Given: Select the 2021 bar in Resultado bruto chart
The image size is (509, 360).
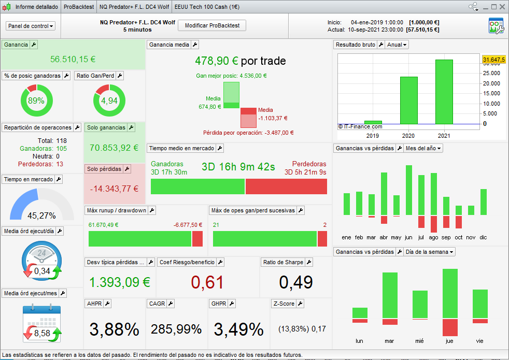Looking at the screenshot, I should tap(444, 92).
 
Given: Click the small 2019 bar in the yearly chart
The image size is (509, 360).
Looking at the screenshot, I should tap(373, 122).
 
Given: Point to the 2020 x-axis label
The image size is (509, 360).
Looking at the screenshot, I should tap(408, 136).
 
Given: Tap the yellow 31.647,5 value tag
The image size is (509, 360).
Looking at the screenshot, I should tap(493, 60).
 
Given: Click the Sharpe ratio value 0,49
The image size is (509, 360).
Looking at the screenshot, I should tap(296, 282).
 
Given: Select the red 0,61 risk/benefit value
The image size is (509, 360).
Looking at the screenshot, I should tap(207, 282).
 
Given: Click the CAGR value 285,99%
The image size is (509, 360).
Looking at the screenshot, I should tap(176, 329).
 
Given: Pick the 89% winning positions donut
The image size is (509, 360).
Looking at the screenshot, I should tap(36, 100).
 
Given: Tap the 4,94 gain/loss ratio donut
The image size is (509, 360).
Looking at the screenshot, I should tap(109, 100).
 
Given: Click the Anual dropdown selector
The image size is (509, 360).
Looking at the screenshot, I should tap(397, 45).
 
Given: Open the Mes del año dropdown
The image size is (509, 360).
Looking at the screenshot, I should tap(423, 148).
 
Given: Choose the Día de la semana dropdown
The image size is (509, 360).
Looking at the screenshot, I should tap(430, 252).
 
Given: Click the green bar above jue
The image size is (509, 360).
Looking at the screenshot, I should tap(449, 293).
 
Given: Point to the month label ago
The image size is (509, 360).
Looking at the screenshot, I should tap(433, 237).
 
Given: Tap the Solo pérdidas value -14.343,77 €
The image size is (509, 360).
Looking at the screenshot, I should tap(114, 189).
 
